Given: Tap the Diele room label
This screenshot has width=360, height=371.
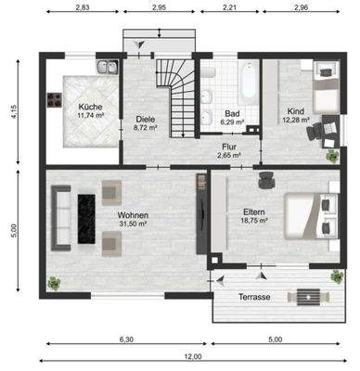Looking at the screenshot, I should pyautogui.click(x=146, y=119).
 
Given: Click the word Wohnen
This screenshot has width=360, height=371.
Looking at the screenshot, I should pyautogui.click(x=132, y=214).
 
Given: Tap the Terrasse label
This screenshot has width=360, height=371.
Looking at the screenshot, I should pyautogui.click(x=252, y=297).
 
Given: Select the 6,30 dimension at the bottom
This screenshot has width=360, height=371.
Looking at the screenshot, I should pyautogui.click(x=124, y=339).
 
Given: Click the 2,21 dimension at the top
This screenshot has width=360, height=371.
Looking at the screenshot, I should pyautogui.click(x=230, y=8).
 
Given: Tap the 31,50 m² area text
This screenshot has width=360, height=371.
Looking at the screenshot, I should pyautogui.click(x=132, y=224).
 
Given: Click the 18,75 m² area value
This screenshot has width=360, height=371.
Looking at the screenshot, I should pyautogui.click(x=254, y=221).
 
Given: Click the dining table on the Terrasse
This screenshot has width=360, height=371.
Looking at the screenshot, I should pyautogui.click(x=305, y=297).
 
